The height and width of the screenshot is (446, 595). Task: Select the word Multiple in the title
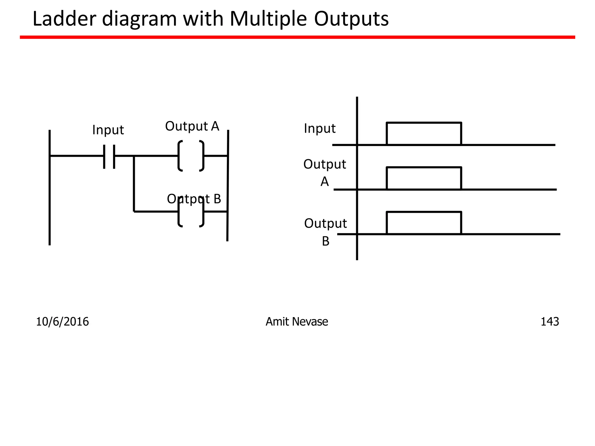coord(268,19)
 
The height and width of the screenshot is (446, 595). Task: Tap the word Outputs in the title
coord(351,19)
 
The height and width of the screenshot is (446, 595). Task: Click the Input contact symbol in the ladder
coord(109,156)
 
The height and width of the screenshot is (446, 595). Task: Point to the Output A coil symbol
coord(191,156)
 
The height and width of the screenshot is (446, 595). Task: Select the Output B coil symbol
coord(191,212)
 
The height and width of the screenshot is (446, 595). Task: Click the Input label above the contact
coord(108,130)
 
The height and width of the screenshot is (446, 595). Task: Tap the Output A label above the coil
coord(192,126)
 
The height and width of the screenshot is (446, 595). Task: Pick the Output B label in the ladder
coord(194,199)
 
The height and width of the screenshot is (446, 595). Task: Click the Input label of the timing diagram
coord(320,128)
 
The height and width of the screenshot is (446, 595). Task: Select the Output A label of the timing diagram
coord(325,173)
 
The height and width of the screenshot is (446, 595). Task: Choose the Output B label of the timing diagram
coord(325,232)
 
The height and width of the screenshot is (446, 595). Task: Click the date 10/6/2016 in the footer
coord(62,322)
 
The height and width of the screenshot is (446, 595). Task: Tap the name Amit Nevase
coord(297,322)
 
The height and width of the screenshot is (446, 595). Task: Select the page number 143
coord(549,322)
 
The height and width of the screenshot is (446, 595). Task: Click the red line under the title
coord(297,37)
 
